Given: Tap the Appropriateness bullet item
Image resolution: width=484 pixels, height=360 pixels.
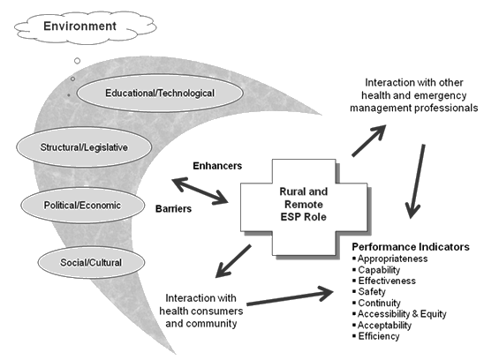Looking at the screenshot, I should point(394,259).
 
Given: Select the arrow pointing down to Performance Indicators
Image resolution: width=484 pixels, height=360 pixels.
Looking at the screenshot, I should point(414,182).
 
